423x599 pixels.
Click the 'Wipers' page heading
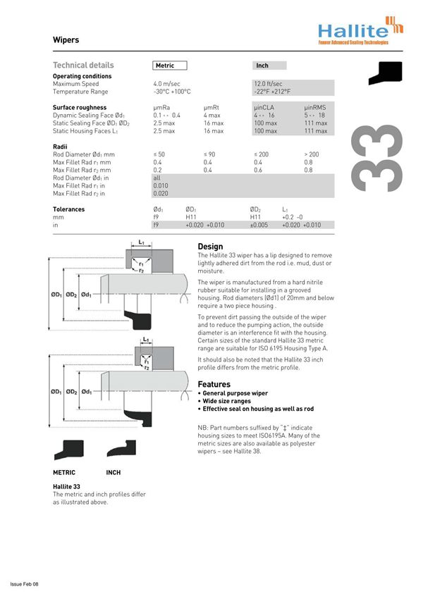click(x=66, y=40)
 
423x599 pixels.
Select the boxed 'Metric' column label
click(x=170, y=66)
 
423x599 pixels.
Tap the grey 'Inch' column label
click(x=262, y=66)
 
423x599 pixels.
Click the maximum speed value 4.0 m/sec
click(x=166, y=84)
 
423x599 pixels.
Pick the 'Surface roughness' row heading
click(x=80, y=108)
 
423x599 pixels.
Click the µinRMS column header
click(x=315, y=108)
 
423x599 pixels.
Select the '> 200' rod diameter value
click(x=311, y=154)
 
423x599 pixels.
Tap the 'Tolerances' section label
click(x=69, y=209)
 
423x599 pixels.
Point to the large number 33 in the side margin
click(x=381, y=159)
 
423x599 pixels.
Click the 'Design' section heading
click(x=210, y=247)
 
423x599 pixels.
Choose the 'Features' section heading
click(x=214, y=384)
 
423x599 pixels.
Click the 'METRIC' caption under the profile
click(x=64, y=472)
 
